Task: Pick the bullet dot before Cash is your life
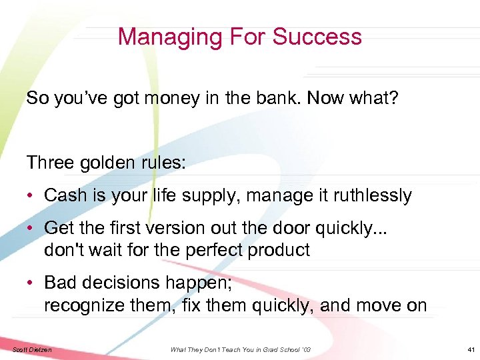tap(31, 196)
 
